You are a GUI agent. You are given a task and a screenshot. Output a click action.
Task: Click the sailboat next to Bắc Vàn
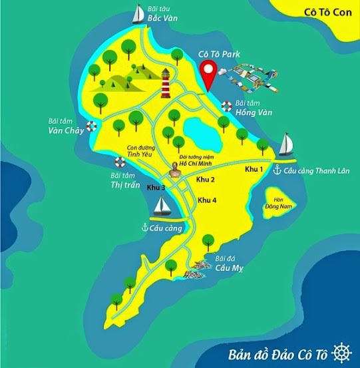[x=139, y=14]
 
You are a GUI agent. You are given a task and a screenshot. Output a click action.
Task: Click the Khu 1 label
[x=254, y=170]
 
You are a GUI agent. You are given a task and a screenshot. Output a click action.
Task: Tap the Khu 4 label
[x=208, y=200]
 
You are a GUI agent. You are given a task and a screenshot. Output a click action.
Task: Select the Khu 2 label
[x=206, y=180]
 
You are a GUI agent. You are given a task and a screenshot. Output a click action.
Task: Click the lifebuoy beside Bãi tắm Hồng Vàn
[x=227, y=106]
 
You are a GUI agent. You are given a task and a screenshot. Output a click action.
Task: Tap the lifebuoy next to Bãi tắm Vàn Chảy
[x=92, y=125]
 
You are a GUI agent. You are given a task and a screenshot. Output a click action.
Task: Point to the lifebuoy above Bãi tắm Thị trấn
[x=120, y=162]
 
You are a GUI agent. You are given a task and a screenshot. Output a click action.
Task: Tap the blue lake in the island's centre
[x=199, y=128]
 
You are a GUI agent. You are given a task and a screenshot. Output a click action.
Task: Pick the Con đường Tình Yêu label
[x=140, y=150]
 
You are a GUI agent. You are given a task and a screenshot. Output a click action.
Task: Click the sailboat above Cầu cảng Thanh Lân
[x=286, y=144]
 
